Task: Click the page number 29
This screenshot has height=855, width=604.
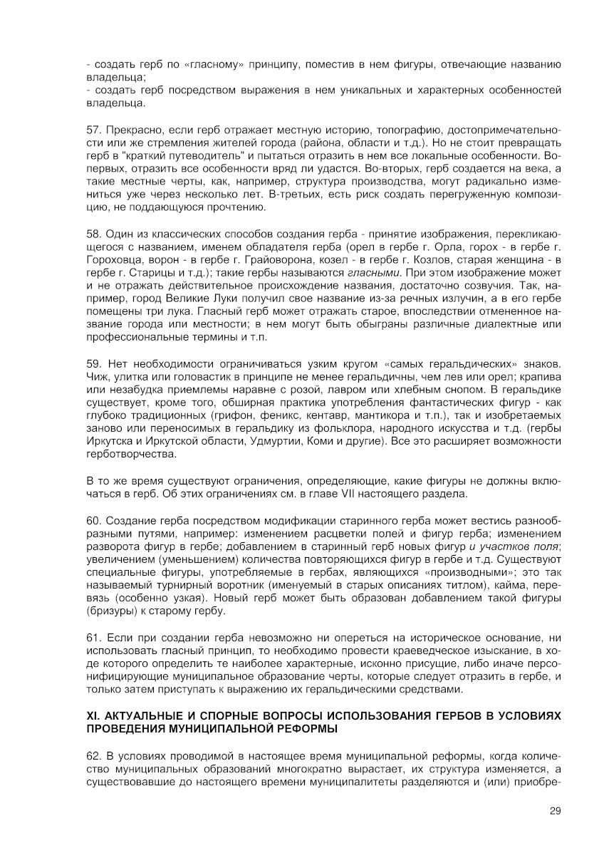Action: pos(556,811)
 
